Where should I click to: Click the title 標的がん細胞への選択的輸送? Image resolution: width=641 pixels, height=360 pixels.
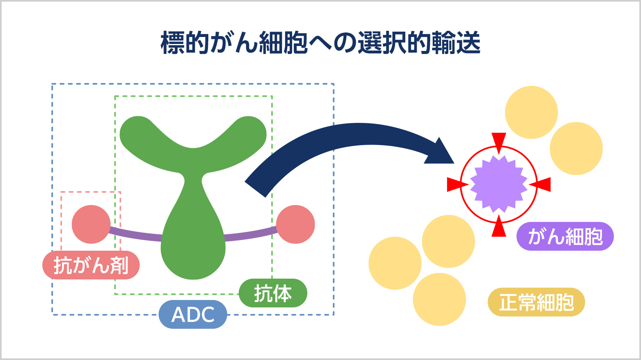(x=320, y=43)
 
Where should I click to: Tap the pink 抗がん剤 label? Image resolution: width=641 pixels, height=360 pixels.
(x=91, y=265)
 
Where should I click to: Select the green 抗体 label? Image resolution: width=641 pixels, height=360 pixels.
(x=273, y=293)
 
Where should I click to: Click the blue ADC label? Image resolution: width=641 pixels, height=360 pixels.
(x=193, y=314)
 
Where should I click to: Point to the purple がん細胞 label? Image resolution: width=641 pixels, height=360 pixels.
(x=565, y=236)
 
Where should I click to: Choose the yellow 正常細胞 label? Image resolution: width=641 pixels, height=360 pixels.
(x=536, y=302)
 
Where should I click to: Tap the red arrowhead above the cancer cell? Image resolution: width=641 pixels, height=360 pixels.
(x=499, y=141)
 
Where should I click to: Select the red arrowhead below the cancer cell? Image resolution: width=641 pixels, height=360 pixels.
(x=499, y=228)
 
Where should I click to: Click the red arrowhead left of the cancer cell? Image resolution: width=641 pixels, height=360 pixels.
(x=455, y=185)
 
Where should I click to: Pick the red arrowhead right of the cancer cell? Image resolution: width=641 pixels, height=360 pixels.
(x=542, y=185)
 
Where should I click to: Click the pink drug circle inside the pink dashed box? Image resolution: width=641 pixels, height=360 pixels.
(x=91, y=224)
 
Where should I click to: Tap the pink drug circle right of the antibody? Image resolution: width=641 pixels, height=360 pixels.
(x=295, y=224)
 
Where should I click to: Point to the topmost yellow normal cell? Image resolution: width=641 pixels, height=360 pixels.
(x=531, y=112)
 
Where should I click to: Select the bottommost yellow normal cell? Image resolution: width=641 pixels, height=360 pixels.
(x=439, y=299)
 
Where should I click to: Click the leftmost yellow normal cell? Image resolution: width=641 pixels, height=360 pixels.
(x=395, y=263)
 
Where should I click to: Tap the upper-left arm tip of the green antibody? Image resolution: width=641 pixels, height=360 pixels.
(x=134, y=132)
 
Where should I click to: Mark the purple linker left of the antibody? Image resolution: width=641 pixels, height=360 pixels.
(x=136, y=234)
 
